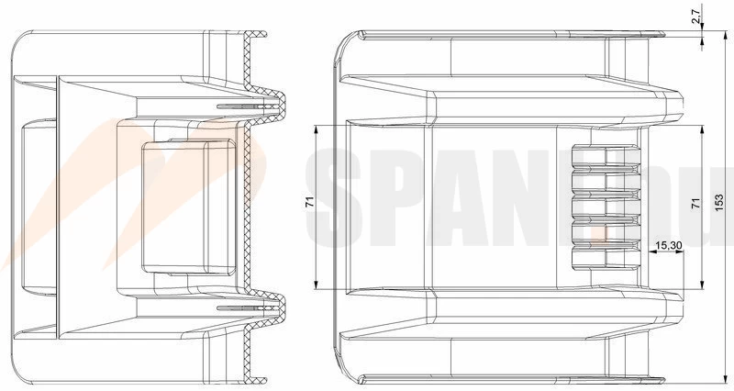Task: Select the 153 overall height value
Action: (x=719, y=202)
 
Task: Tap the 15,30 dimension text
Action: (x=669, y=245)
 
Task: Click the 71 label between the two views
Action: (x=309, y=202)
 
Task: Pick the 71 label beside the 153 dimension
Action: (x=696, y=203)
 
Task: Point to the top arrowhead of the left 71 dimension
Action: (x=317, y=129)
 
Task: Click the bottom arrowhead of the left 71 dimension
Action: (x=317, y=285)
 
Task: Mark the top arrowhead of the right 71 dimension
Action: (x=703, y=129)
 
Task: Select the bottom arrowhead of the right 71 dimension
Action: (x=703, y=285)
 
